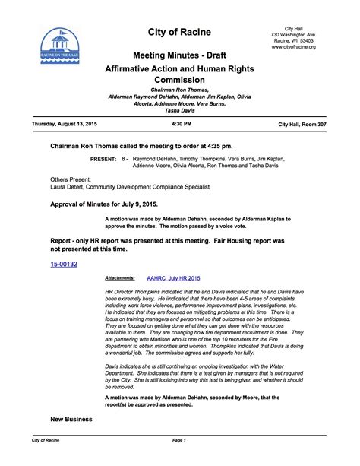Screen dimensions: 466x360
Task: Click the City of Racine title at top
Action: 179,32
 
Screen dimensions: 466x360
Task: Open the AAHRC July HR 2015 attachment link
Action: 173,279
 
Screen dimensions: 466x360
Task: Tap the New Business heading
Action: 71,419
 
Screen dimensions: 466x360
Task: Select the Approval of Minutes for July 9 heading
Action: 103,204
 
